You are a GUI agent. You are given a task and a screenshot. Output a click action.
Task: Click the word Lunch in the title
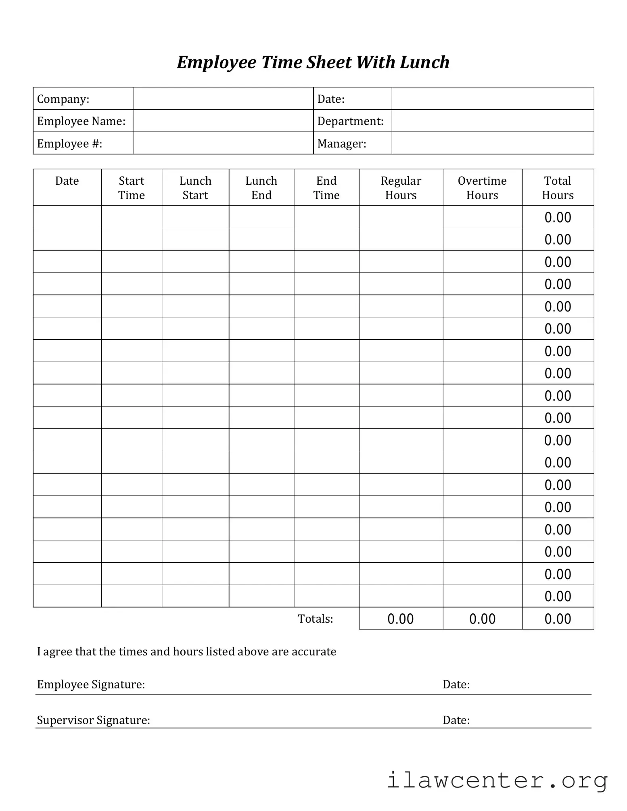pyautogui.click(x=424, y=63)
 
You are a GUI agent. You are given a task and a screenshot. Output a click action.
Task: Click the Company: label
pyautogui.click(x=63, y=99)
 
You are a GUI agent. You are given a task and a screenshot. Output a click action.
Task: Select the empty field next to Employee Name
pyautogui.click(x=223, y=121)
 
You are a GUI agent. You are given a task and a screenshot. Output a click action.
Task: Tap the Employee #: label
pyautogui.click(x=69, y=144)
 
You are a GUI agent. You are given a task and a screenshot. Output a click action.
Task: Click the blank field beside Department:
pyautogui.click(x=492, y=121)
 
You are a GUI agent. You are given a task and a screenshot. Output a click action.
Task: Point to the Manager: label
pyautogui.click(x=342, y=144)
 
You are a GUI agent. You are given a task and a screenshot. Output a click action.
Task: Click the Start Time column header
pyautogui.click(x=132, y=188)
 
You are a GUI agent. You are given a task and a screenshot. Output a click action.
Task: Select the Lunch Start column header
pyautogui.click(x=195, y=188)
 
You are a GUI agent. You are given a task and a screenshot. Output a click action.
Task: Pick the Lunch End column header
pyautogui.click(x=261, y=188)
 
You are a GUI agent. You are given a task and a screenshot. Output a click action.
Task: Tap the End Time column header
pyautogui.click(x=326, y=188)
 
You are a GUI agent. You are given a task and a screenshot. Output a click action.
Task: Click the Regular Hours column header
pyautogui.click(x=401, y=188)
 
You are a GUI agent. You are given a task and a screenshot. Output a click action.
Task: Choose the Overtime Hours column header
pyautogui.click(x=482, y=188)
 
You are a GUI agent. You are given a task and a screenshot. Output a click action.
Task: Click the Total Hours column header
pyautogui.click(x=558, y=188)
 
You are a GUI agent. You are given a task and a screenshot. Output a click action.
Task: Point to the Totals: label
pyautogui.click(x=316, y=619)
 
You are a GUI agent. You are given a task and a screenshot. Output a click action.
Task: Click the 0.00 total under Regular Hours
pyautogui.click(x=401, y=619)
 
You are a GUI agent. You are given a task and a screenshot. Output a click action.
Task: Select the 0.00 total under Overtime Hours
pyautogui.click(x=482, y=619)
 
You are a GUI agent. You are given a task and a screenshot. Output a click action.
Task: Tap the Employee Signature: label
pyautogui.click(x=91, y=684)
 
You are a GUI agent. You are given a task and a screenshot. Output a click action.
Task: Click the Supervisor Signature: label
pyautogui.click(x=94, y=720)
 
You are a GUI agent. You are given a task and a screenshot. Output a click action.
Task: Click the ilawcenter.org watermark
pyautogui.click(x=497, y=780)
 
